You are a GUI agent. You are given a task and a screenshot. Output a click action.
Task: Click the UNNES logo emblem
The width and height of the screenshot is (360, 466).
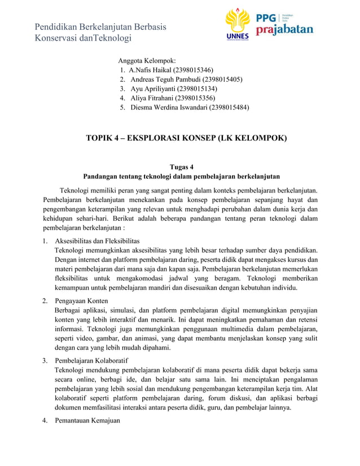pos(238,25)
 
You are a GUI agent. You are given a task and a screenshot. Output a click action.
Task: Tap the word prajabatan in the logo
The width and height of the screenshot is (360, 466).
pos(284,29)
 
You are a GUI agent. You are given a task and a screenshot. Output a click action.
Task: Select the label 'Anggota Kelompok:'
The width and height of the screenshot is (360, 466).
pos(147,60)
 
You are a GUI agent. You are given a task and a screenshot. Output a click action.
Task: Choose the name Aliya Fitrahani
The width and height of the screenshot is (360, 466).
pos(152,98)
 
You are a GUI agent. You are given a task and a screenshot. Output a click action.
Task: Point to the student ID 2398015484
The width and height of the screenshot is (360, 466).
pos(229,107)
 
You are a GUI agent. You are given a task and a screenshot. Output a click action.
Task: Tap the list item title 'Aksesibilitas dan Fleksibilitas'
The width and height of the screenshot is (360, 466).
pos(96,240)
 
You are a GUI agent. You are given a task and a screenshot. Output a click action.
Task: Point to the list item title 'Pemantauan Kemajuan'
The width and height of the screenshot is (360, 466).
pos(87,420)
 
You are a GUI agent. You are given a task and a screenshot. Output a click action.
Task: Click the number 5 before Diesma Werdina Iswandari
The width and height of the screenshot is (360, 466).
pos(122,107)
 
